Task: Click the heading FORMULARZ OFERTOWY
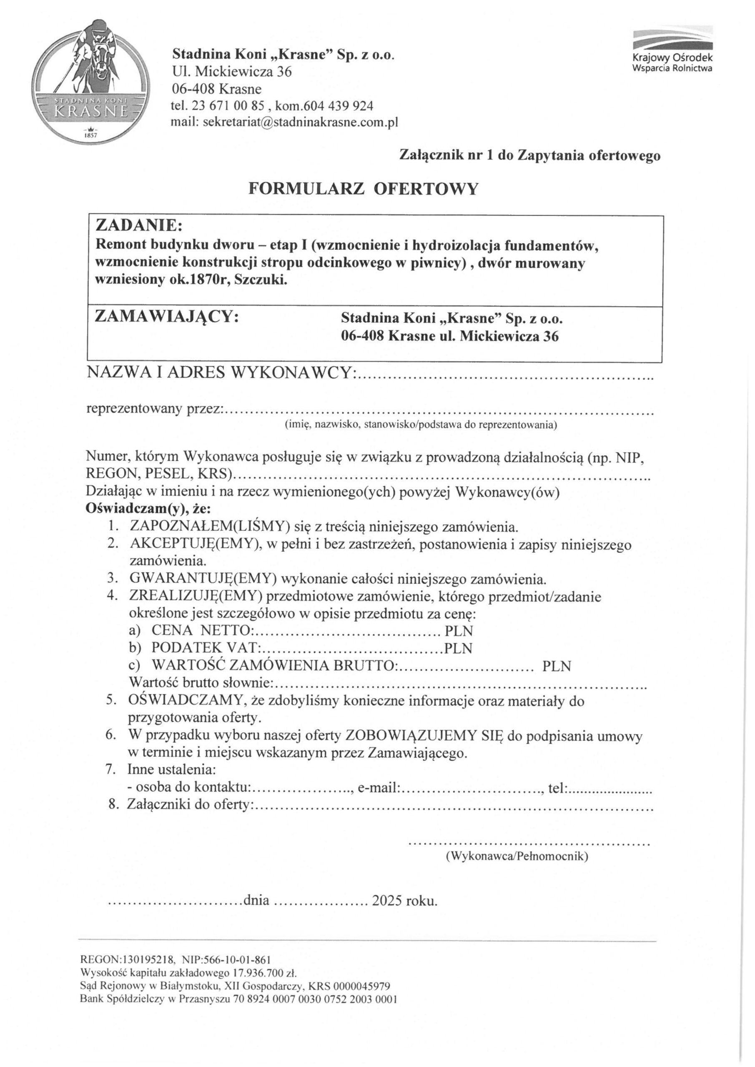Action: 363,189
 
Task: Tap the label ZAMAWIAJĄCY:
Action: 167,317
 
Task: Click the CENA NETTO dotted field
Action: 348,631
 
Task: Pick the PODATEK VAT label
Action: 205,648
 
